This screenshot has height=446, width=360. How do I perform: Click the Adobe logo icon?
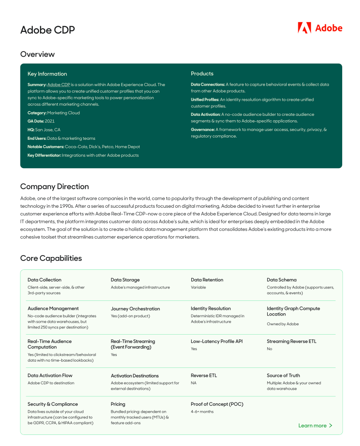[x=304, y=28]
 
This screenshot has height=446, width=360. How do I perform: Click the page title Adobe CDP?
[x=47, y=30]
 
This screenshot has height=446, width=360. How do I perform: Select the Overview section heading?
[x=37, y=54]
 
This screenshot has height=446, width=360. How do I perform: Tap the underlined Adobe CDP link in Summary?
[x=59, y=84]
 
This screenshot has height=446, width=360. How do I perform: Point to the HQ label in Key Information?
[x=31, y=130]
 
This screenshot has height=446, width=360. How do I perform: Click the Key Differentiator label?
[x=44, y=155]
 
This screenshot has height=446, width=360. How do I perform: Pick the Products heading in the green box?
[x=202, y=74]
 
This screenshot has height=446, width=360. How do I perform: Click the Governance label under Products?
[x=203, y=130]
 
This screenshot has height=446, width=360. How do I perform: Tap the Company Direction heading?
[x=55, y=186]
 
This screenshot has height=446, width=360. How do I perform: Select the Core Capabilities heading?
[x=51, y=258]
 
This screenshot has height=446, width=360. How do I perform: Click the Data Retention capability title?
[x=207, y=280]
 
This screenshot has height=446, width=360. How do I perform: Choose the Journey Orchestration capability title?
[x=135, y=309]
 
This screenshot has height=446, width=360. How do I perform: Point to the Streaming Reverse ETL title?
[x=291, y=342]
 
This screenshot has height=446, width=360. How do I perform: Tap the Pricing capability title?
[x=118, y=404]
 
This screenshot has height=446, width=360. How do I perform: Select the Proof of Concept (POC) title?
[x=217, y=404]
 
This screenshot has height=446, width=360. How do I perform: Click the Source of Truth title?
[x=283, y=375]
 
